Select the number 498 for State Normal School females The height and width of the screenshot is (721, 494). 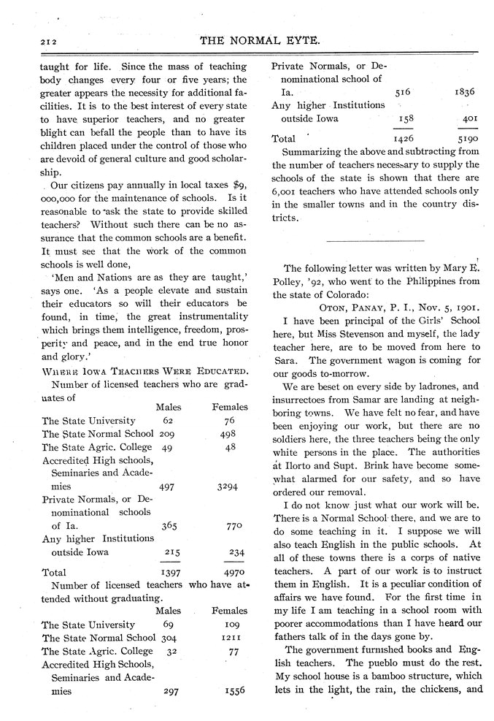coord(229,433)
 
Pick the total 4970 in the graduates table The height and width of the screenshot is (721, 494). coord(231,572)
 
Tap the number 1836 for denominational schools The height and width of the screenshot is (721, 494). coord(465,92)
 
